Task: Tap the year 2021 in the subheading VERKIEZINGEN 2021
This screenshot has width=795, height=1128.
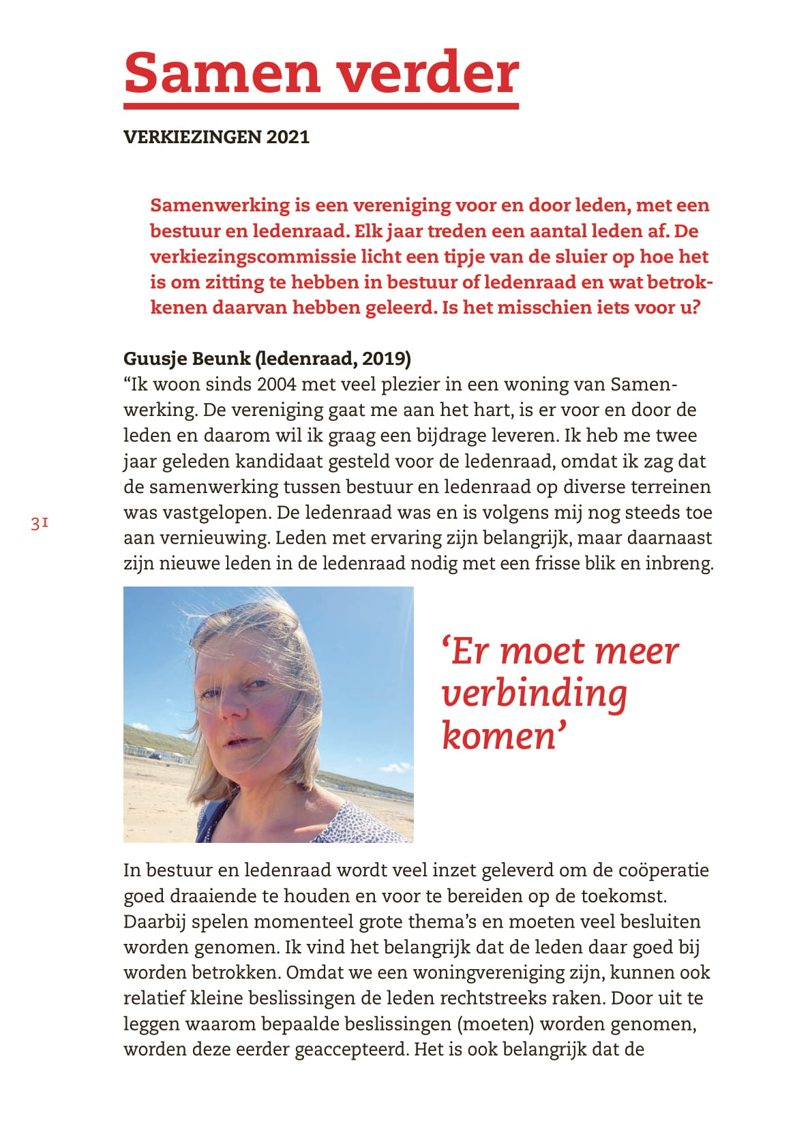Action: click(288, 137)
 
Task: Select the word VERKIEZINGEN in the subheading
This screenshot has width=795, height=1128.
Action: click(192, 137)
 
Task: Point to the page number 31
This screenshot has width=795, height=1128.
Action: click(40, 524)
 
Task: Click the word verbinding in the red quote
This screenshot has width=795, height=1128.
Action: click(534, 694)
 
